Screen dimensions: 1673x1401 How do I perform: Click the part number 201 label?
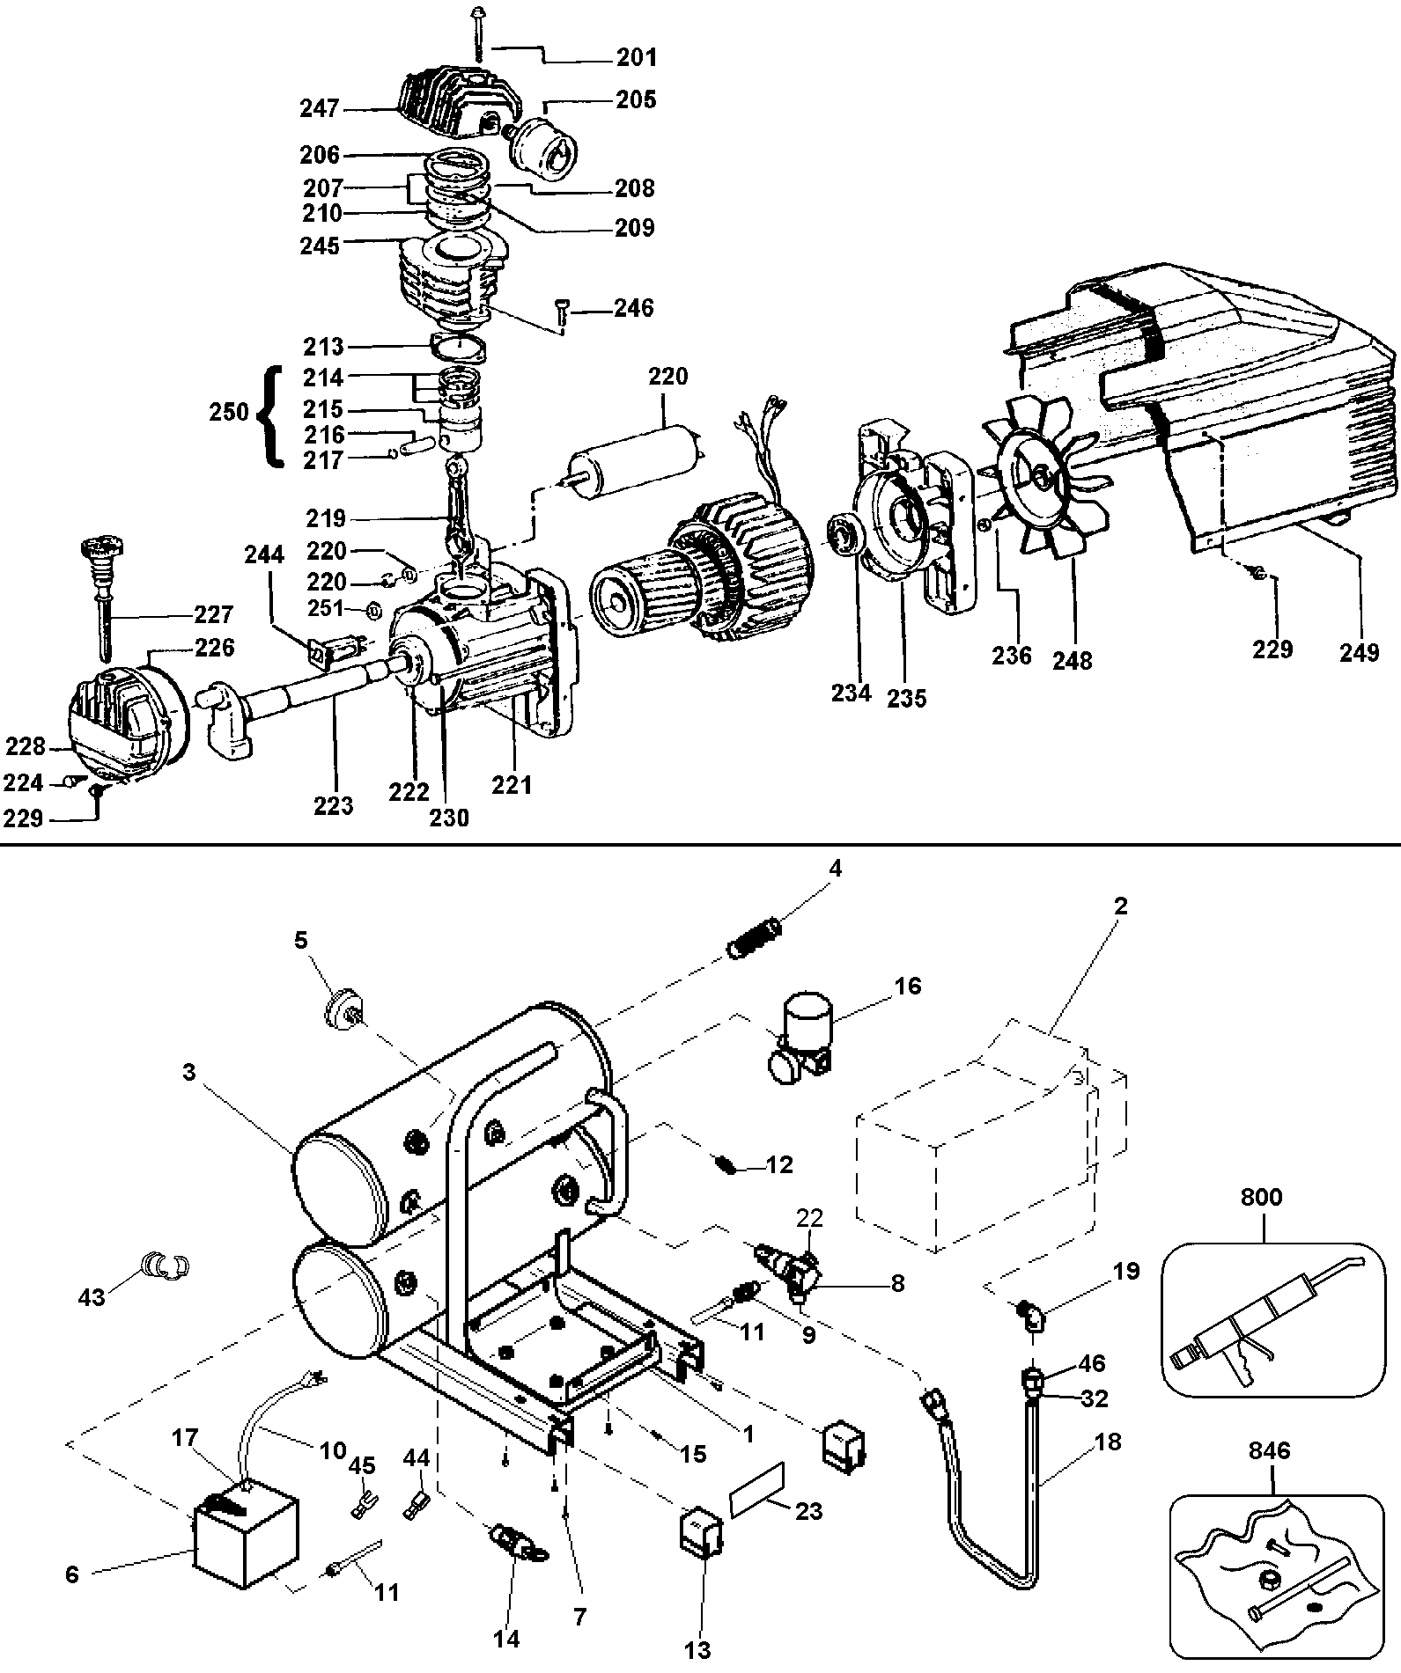coord(636,58)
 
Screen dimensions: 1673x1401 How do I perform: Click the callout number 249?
coord(1359,652)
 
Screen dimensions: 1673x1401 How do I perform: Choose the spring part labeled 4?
coord(756,936)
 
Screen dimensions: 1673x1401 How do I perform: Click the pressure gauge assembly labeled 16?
coord(799,1031)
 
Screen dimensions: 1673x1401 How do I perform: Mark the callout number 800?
coord(1261,1197)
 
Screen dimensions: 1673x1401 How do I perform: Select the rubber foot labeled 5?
coord(341,1006)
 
